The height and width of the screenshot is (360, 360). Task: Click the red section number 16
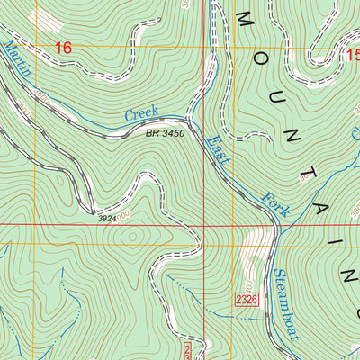62,48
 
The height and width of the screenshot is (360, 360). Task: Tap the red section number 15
352,56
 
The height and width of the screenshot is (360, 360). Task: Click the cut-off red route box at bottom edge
188,351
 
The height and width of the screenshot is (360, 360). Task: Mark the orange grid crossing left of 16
36,48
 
